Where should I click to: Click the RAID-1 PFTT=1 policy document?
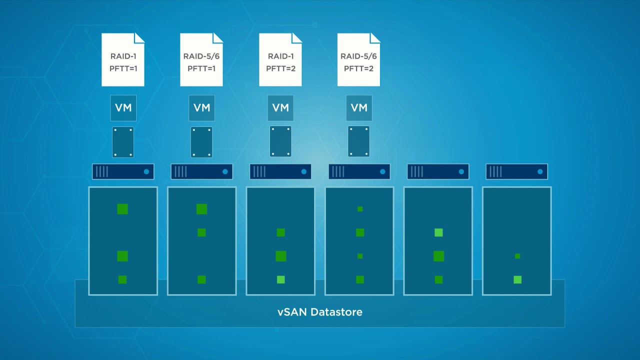123,59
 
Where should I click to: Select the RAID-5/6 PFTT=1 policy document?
201,59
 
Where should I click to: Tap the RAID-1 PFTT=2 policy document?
280,59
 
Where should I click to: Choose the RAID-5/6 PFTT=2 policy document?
358,59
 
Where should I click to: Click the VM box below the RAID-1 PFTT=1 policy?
123,108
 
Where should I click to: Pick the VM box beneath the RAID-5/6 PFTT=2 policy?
359,108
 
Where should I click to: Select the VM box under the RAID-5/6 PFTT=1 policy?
201,108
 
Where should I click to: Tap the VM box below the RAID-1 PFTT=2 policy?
280,108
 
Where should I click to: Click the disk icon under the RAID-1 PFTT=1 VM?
123,142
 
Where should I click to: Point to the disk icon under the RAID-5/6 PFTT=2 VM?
358,141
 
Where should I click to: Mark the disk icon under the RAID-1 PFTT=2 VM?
280,141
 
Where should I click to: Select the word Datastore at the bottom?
336,311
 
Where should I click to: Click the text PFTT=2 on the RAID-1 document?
280,68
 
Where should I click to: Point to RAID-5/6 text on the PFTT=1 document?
201,56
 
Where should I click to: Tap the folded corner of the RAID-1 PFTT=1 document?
139,38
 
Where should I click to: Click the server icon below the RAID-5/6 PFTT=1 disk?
201,171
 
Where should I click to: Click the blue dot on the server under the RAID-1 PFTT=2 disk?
304,171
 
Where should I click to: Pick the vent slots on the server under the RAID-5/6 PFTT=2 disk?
338,171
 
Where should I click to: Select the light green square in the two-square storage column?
517,279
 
